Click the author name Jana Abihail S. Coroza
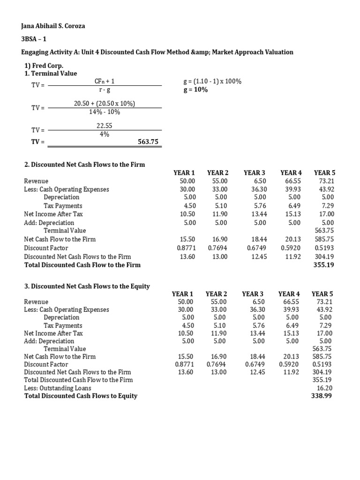tap(54, 26)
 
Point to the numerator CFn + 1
tap(105, 82)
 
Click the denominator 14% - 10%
tap(105, 112)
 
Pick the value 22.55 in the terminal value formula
tap(104, 126)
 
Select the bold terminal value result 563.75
tap(147, 142)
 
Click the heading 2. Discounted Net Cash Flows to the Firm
tap(84, 165)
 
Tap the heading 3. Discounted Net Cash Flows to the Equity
tap(87, 286)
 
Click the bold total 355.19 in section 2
tap(322, 265)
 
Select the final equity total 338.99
tap(321, 396)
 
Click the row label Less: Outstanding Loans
tap(58, 388)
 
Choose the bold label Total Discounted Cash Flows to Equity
tap(81, 396)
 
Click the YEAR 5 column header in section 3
tap(322, 294)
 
